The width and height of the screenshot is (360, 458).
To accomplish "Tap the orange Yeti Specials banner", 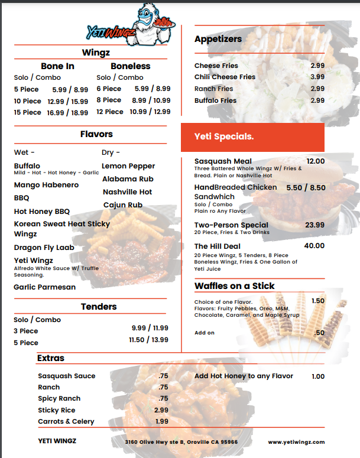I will [x=252, y=137].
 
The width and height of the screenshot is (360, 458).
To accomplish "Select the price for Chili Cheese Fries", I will [x=317, y=77].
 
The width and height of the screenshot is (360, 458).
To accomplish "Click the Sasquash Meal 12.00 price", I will [x=315, y=161].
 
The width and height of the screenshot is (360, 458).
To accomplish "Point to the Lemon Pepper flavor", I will [x=128, y=166].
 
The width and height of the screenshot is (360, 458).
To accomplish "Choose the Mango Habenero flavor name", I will [x=46, y=185].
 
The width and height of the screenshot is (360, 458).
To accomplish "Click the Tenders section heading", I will [x=99, y=306].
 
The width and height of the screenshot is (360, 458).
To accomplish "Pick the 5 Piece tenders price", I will [x=148, y=340].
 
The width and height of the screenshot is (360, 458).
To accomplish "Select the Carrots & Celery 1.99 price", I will [x=161, y=421].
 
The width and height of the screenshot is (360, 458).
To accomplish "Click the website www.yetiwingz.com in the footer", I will [x=296, y=441].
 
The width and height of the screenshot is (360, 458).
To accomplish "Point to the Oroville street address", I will [x=181, y=441].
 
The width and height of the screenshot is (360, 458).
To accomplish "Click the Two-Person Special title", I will [x=231, y=225].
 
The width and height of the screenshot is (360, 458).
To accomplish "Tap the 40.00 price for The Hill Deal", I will [x=314, y=246].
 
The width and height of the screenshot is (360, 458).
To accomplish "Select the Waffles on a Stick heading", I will [x=235, y=286].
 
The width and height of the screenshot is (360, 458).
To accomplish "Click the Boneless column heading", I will [x=131, y=66].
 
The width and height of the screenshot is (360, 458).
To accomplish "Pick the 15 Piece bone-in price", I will [x=67, y=112].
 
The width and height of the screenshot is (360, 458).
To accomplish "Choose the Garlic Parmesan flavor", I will [x=45, y=287].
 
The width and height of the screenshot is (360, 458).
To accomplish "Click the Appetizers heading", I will [x=218, y=39].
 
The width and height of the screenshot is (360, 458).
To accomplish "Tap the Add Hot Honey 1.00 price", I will [x=318, y=376].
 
